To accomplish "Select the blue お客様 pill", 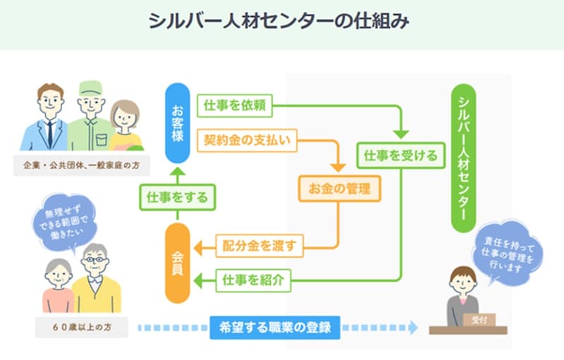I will [178, 124].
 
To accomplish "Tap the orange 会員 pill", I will [178, 262].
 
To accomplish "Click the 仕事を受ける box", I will [402, 154].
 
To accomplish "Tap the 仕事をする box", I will [177, 197].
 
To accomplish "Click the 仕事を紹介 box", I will [253, 279].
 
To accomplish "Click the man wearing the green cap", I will [90, 116].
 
